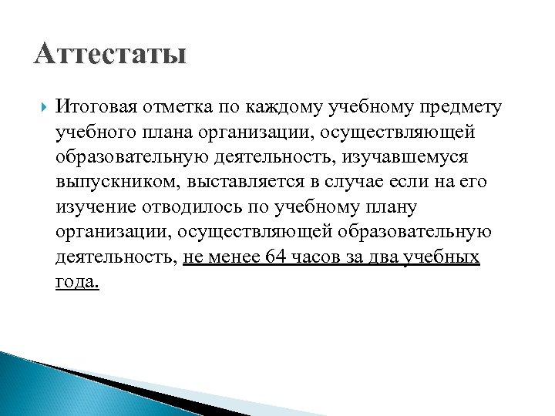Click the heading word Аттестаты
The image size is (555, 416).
110,55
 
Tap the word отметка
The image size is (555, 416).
170,106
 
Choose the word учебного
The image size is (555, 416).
92,132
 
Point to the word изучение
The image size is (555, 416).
94,207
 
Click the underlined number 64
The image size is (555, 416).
274,257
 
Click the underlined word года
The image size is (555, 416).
77,283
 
